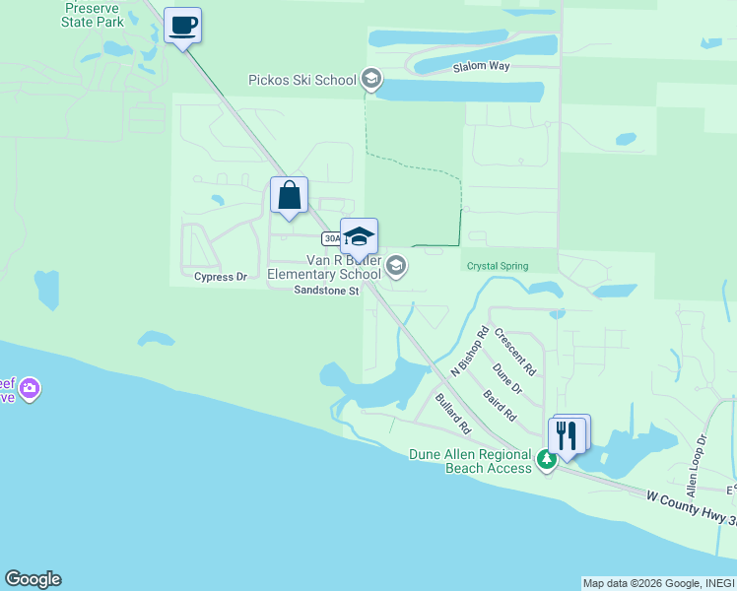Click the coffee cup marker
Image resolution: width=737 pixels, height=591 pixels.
(182, 25)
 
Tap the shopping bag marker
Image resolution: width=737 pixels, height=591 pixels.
(289, 195)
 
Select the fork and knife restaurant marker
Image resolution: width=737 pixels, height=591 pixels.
(567, 434)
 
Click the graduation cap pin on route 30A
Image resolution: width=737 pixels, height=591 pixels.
(360, 237)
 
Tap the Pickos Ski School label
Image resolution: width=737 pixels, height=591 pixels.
(302, 80)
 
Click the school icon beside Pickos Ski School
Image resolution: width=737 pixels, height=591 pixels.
(371, 79)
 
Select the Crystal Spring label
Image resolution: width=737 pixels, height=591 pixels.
(497, 266)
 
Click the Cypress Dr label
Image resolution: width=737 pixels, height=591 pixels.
(220, 278)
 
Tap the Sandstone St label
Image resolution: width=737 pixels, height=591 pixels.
(326, 290)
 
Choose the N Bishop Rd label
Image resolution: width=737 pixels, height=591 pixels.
(470, 351)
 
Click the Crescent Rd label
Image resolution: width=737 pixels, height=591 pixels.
(516, 353)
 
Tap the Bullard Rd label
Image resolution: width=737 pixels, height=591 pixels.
(453, 415)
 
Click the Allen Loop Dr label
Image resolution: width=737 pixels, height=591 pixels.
(697, 465)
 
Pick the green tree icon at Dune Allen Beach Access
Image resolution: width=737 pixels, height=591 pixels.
(546, 459)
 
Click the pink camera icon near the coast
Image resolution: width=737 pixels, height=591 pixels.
(30, 389)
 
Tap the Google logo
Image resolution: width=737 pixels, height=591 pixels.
(33, 579)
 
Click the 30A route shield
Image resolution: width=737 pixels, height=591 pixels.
(332, 238)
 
